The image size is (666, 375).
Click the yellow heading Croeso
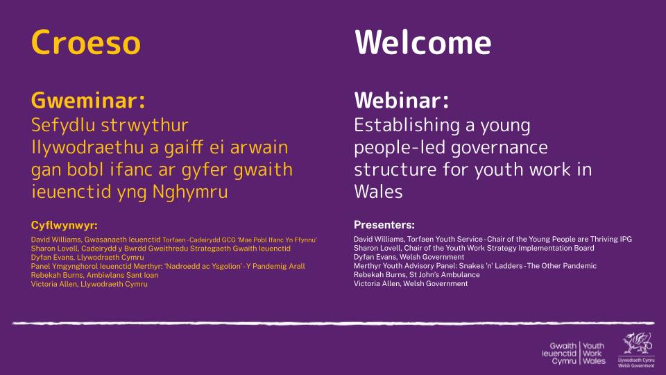tap(86, 42)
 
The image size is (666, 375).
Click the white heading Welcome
tap(422, 42)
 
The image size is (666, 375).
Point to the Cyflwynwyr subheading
tap(64, 225)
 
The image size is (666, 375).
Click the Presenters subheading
tap(384, 225)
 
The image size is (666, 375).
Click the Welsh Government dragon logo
tap(636, 349)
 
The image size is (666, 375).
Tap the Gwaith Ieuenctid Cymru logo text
tap(559, 353)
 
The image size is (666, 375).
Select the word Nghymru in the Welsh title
tap(190, 192)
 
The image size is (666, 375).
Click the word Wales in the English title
tap(379, 192)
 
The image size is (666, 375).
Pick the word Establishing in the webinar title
tap(407, 126)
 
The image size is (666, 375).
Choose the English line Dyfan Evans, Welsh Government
tap(409, 257)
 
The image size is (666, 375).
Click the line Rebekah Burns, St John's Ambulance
tap(417, 275)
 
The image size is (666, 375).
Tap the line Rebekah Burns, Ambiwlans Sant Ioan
tap(95, 275)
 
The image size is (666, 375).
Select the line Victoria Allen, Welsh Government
tap(411, 283)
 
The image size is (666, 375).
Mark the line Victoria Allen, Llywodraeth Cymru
tap(89, 284)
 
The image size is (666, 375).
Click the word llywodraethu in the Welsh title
tap(88, 148)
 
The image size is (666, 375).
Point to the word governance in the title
tap(499, 148)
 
